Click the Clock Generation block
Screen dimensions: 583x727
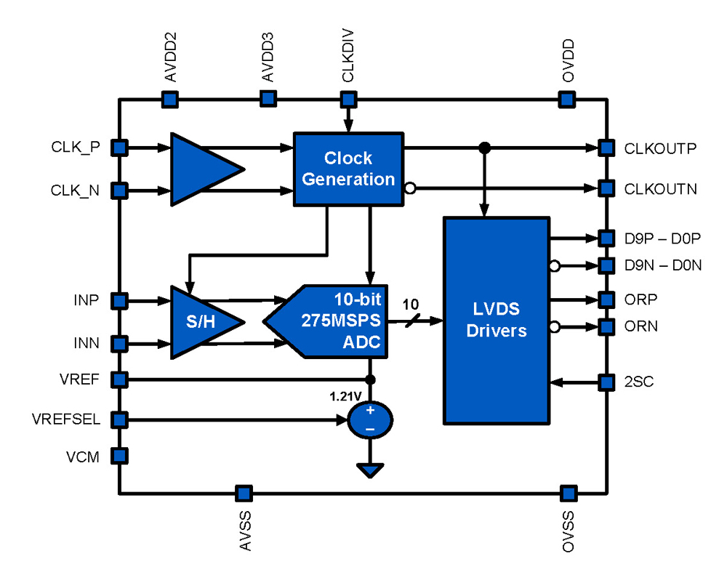click(x=348, y=169)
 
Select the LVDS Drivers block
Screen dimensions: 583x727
click(x=496, y=320)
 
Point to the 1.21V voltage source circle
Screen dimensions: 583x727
click(x=370, y=419)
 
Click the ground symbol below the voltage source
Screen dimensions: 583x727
click(x=370, y=470)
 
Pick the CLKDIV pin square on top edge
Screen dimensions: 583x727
click(x=348, y=98)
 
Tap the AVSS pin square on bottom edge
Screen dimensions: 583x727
click(x=244, y=494)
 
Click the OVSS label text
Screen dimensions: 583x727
click(x=569, y=531)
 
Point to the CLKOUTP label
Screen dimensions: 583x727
click(x=660, y=148)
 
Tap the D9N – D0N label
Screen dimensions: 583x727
click(x=662, y=265)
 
